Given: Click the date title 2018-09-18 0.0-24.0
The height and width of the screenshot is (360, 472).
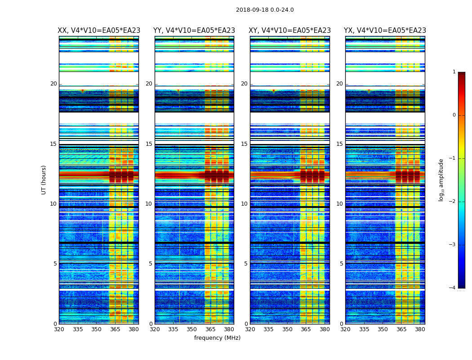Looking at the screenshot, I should coord(265,10).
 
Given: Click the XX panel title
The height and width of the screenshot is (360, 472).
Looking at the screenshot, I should coord(99,31).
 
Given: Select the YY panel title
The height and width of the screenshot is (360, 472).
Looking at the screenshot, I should coord(194,31).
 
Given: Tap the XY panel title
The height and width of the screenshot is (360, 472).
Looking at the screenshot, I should coord(290,31).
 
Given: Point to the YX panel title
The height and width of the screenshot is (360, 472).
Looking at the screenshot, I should coord(385,31).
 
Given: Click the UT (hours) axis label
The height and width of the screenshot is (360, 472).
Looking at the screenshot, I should coord(44,180).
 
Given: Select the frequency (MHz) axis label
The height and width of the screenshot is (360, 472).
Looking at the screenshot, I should coord(217,338).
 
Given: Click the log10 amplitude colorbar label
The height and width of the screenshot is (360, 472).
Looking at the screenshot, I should coord(441,180).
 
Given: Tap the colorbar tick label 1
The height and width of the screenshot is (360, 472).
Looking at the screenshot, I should coord(454,72).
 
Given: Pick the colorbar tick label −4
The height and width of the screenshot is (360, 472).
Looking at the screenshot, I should coord(453,288).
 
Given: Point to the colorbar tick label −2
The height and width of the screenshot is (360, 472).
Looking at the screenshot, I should coord(453,202).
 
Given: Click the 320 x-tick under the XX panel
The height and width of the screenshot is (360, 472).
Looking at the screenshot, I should coord(59,329).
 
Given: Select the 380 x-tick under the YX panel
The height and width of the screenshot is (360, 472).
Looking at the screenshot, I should coord(420,329).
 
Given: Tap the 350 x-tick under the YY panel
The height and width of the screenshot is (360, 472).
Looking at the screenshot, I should coord(192,329).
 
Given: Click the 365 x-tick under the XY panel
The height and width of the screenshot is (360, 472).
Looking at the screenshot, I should coord(306,329).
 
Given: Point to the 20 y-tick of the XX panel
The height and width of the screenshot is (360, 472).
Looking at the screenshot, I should coord(53,84).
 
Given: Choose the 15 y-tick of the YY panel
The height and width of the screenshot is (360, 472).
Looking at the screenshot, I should coord(149,144).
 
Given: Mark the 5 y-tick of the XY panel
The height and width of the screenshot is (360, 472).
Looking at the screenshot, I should coord(246,264).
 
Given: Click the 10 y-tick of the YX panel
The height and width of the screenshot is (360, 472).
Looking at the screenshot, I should coord(339,204).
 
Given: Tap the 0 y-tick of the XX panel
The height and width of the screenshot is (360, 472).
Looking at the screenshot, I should coord(55,324).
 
